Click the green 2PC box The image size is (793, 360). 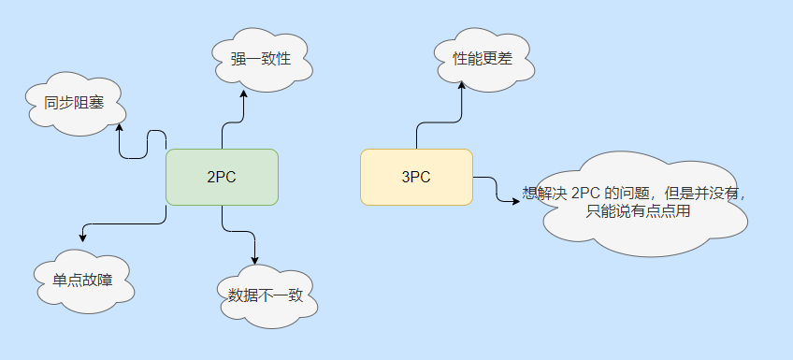click(x=222, y=177)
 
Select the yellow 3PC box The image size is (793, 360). click(x=416, y=177)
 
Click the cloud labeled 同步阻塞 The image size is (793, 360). click(x=73, y=104)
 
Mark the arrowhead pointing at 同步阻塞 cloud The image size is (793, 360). click(x=119, y=128)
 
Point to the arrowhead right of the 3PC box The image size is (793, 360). click(x=516, y=198)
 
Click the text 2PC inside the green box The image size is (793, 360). click(x=222, y=177)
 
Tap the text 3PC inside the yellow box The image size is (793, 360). click(x=416, y=177)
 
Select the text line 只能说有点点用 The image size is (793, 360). click(x=639, y=210)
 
